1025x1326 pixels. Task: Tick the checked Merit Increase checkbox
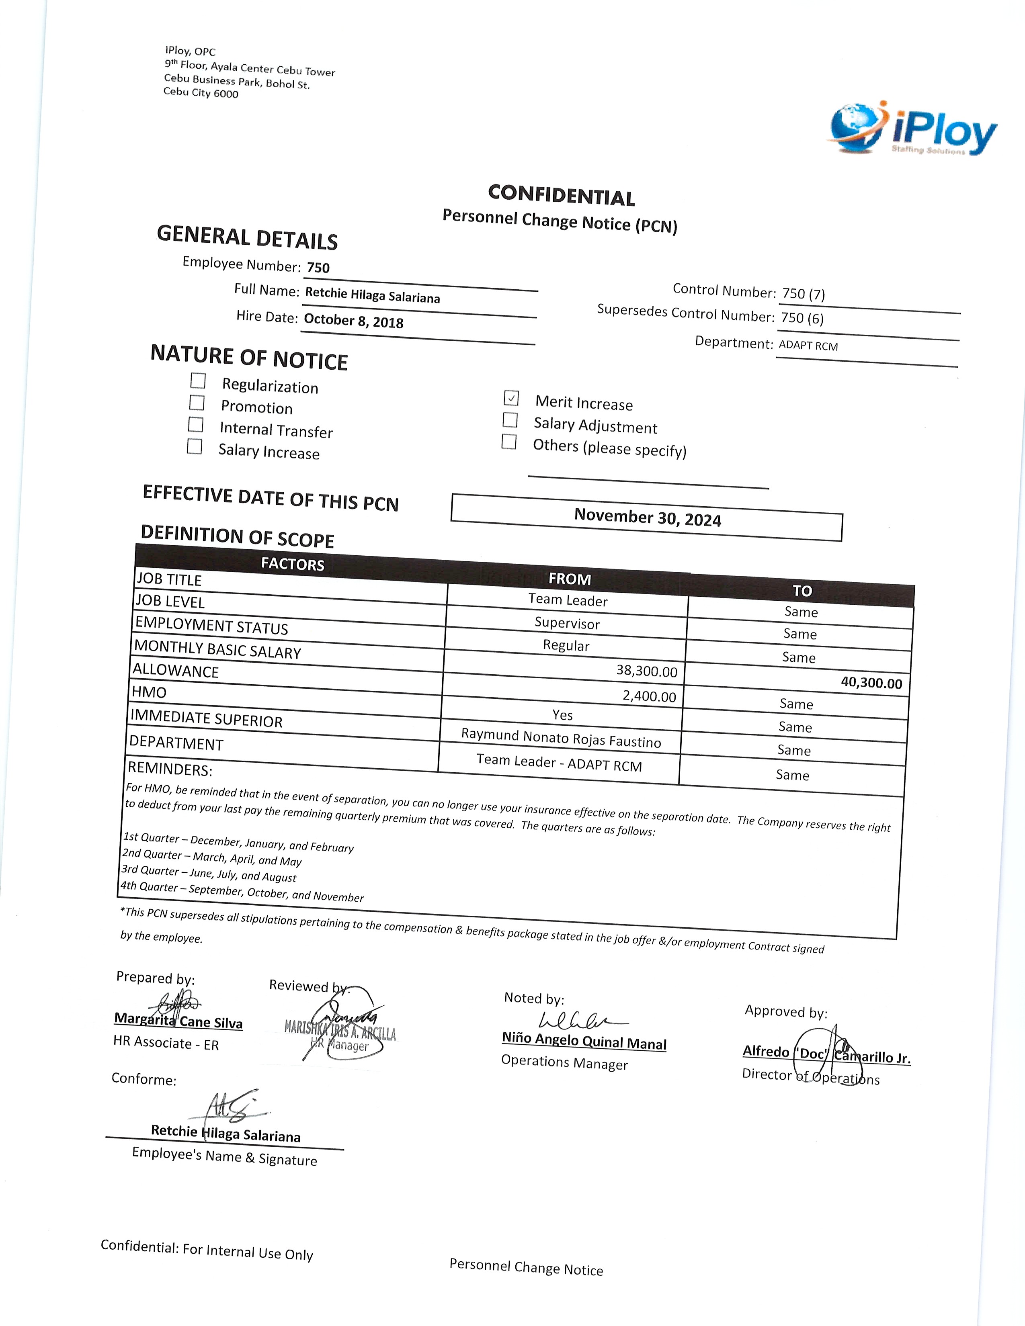point(511,398)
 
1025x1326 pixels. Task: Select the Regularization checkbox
point(198,381)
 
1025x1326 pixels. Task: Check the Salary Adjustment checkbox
point(510,420)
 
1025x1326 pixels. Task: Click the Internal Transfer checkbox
point(195,424)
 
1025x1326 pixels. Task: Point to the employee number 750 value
point(318,268)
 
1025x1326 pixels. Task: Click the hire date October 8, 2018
point(353,321)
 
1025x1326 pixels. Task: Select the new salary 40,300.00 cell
point(871,682)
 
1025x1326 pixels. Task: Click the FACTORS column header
point(293,564)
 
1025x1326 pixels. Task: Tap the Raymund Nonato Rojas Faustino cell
point(561,738)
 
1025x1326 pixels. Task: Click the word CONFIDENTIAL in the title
point(561,196)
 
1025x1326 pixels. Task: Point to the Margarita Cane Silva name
point(178,1021)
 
